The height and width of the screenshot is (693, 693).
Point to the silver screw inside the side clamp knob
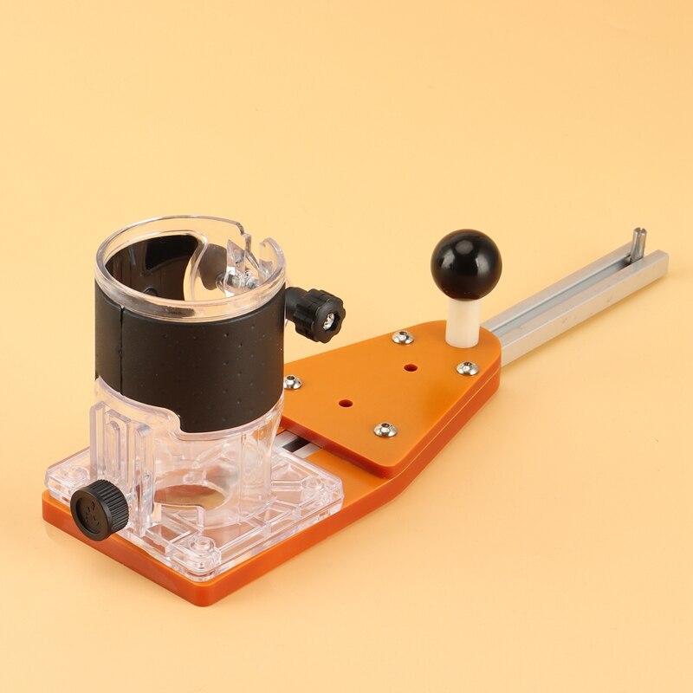[x=330, y=320]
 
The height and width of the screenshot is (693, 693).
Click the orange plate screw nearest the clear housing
[x=294, y=381]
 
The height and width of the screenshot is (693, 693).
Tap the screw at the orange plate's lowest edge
[x=385, y=429]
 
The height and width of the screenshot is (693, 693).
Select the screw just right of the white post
[x=468, y=368]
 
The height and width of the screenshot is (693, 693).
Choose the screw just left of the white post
[x=403, y=337]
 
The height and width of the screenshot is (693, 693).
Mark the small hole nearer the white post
[x=409, y=367]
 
